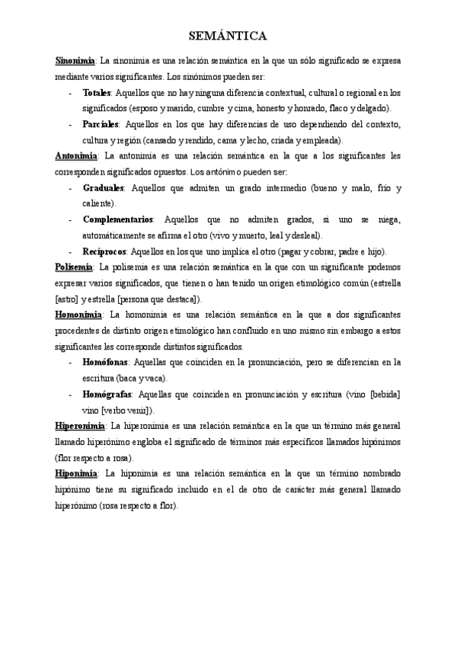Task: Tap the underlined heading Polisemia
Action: [x=75, y=267]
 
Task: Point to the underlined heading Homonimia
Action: [x=79, y=314]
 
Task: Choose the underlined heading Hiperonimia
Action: [x=81, y=425]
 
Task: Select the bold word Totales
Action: [x=97, y=91]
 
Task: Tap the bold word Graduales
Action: [x=104, y=187]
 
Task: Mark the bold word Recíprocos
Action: [x=105, y=251]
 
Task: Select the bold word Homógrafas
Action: [x=107, y=394]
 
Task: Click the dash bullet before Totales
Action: [x=70, y=91]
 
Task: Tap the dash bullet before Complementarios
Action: [x=70, y=219]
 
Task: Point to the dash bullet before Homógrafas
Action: [x=70, y=394]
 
